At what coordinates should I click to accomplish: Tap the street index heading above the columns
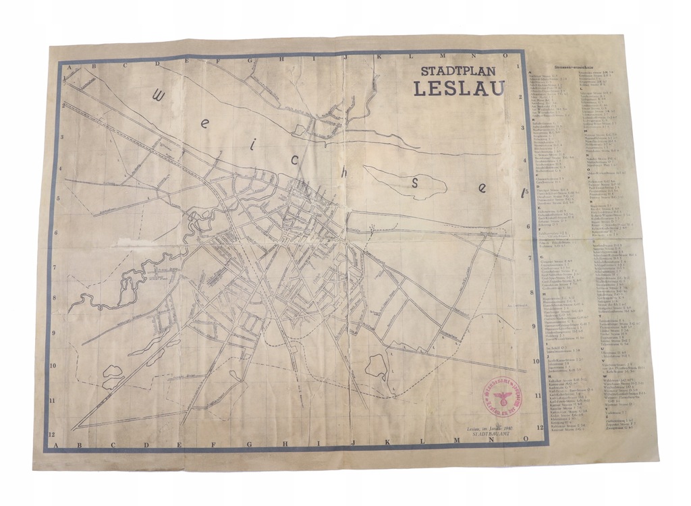[x=572, y=69]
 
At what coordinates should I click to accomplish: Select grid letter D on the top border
[x=157, y=64]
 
